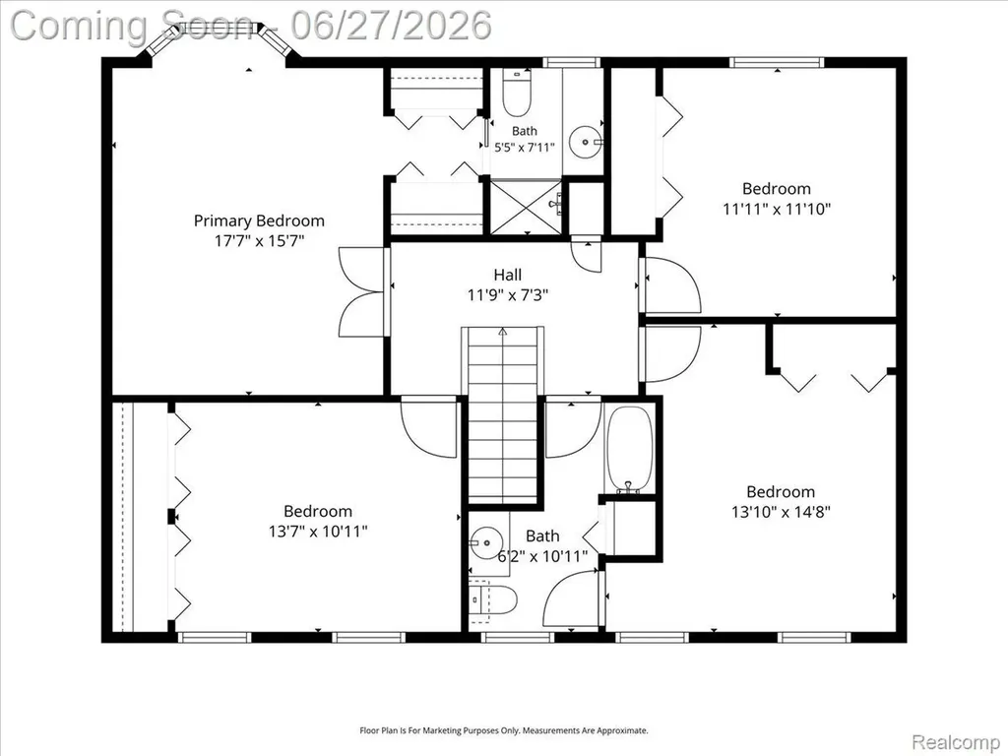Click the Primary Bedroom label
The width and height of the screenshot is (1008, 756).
point(259,221)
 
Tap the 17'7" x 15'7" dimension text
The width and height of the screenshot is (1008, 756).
point(259,241)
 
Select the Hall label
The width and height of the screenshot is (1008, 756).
point(507,276)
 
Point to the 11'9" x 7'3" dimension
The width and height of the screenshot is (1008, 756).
point(507,295)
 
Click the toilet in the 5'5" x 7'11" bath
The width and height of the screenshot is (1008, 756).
point(516,93)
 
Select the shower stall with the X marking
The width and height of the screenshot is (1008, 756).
point(527,208)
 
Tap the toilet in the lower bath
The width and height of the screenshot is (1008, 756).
point(492,600)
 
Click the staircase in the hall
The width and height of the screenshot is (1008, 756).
point(502,414)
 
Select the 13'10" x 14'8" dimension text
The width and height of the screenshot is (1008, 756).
point(781,512)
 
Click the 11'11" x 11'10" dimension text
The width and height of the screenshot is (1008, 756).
point(777,209)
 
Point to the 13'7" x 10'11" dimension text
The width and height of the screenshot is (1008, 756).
point(318,532)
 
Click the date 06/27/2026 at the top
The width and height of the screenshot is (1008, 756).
point(391,25)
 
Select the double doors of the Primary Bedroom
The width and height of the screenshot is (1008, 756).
point(362,291)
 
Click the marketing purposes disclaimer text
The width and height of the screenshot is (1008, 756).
point(503,730)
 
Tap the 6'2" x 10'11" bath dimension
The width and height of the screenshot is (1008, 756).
point(542,556)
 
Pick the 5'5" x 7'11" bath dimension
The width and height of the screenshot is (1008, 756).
point(524,148)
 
